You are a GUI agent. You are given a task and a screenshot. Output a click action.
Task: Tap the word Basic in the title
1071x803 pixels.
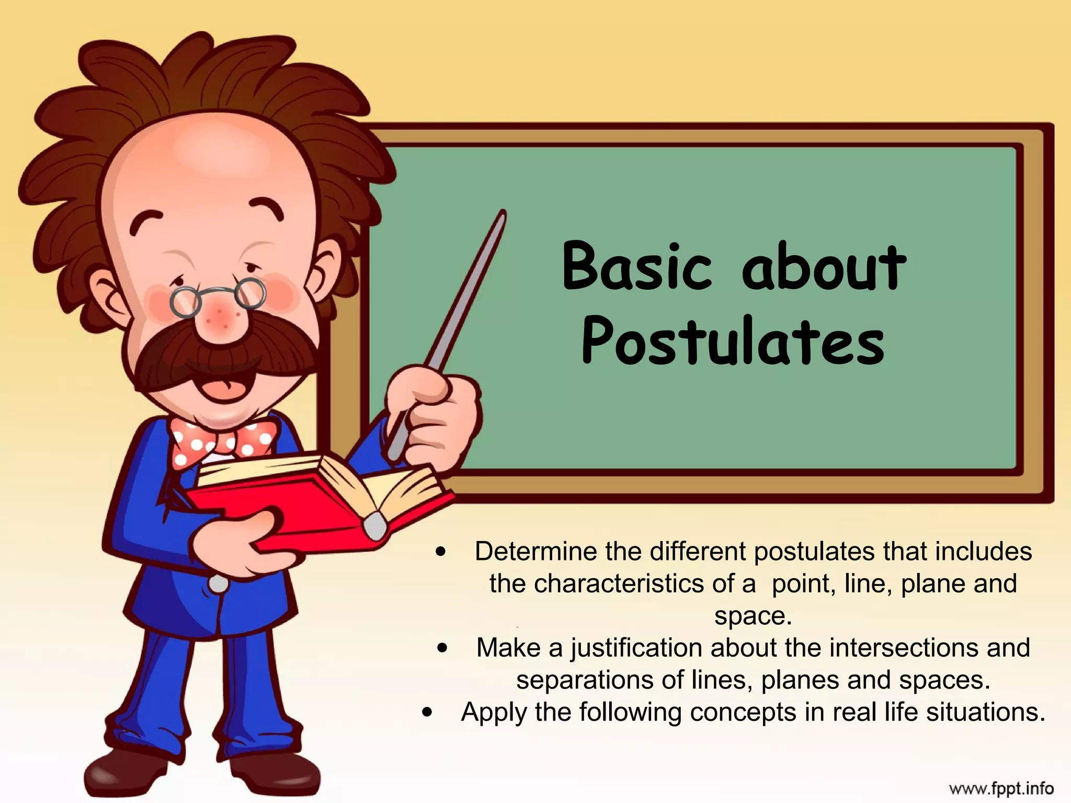(637, 267)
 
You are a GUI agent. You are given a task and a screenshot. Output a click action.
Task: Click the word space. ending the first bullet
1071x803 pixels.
(753, 616)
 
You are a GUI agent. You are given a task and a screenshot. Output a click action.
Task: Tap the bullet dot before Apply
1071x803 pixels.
(428, 712)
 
